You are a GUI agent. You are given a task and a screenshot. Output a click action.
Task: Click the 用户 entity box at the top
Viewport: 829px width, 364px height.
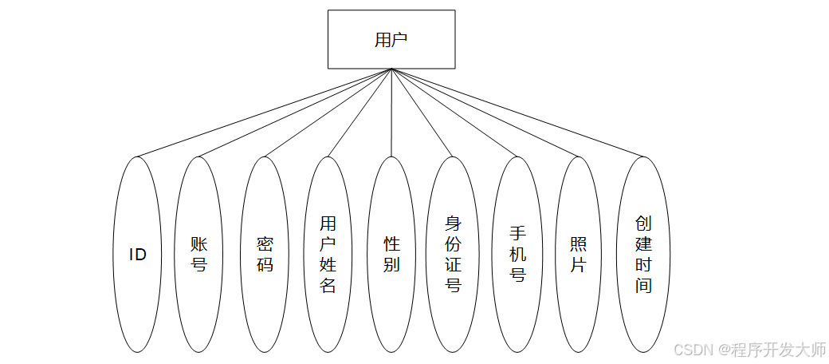coord(391,39)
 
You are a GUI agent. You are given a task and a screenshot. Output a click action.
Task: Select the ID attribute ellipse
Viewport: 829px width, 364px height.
coord(138,255)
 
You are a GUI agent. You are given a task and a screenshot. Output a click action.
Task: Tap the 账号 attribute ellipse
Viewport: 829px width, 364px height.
coord(199,255)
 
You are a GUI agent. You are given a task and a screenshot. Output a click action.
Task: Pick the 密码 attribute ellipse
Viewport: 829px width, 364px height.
coord(265,255)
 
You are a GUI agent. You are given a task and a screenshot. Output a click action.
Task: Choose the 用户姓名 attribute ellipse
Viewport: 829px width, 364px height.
coord(328,255)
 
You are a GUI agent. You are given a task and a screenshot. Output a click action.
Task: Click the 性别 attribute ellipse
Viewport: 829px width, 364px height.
coord(391,255)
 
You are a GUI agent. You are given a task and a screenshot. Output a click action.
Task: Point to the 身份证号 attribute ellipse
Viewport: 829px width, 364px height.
coord(453,255)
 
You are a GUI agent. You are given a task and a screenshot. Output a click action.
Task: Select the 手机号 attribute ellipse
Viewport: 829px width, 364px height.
coord(517,255)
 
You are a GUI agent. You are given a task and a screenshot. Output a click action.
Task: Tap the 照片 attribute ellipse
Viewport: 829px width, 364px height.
coord(578,255)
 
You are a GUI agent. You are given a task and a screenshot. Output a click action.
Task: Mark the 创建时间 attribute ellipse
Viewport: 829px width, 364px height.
coord(643,255)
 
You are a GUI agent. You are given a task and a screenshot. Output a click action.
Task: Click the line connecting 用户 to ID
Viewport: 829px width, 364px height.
coord(265,113)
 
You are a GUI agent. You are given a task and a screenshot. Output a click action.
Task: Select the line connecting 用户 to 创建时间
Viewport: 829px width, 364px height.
coord(517,113)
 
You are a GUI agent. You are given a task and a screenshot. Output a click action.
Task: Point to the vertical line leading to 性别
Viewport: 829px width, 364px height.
coord(391,112)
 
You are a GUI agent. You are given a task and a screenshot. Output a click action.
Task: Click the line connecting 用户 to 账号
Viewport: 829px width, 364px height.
coord(295,113)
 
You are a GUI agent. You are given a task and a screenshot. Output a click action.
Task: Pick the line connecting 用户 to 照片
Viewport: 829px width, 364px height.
coord(485,113)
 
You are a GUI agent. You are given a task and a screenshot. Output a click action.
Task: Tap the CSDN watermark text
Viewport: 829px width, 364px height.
coord(749,349)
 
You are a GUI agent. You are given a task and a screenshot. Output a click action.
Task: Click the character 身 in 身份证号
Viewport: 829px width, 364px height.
coord(453,224)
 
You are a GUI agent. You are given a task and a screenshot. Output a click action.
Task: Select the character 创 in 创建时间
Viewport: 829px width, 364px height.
coord(643,223)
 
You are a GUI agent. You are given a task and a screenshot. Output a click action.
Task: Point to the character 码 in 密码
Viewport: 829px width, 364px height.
coord(265,263)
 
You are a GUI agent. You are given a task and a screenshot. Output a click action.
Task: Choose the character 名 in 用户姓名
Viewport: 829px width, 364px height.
coord(328,285)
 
